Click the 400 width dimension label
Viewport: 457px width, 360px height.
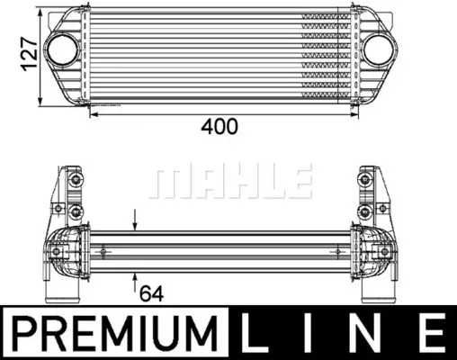(220, 127)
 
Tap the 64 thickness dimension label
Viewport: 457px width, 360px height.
(150, 292)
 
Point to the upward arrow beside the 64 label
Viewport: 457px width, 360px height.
(135, 276)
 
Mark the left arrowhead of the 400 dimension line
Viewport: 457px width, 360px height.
(93, 112)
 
